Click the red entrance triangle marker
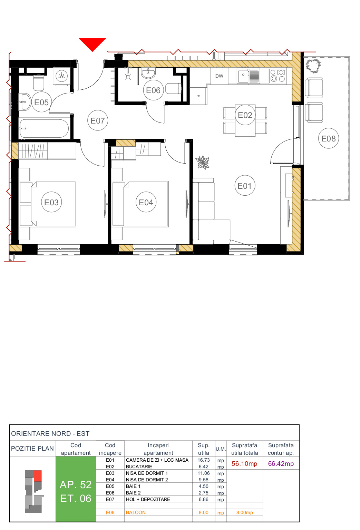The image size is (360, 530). pyautogui.click(x=92, y=43)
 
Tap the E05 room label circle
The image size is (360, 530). pyautogui.click(x=41, y=102)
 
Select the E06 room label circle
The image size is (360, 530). pyautogui.click(x=153, y=90)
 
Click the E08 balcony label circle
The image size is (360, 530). pyautogui.click(x=328, y=138)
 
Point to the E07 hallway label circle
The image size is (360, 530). pyautogui.click(x=98, y=121)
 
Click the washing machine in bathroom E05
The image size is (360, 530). pyautogui.click(x=61, y=76)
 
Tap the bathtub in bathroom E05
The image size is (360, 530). pyautogui.click(x=44, y=128)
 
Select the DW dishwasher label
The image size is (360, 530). pyautogui.click(x=219, y=76)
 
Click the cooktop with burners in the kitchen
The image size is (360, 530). pyautogui.click(x=278, y=76)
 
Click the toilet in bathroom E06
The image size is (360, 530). pyautogui.click(x=173, y=89)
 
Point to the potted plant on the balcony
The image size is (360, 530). pyautogui.click(x=313, y=66)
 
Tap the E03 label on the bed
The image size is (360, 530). pyautogui.click(x=51, y=203)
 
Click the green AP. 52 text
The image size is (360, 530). pyautogui.click(x=76, y=485)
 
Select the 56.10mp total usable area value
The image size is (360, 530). pyautogui.click(x=244, y=464)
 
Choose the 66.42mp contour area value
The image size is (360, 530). pyautogui.click(x=281, y=464)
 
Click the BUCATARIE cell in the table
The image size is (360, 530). pyautogui.click(x=139, y=467)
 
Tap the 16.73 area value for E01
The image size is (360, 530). pyautogui.click(x=204, y=460)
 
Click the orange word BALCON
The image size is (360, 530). pyautogui.click(x=136, y=512)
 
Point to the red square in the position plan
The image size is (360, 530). pyautogui.click(x=38, y=476)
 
